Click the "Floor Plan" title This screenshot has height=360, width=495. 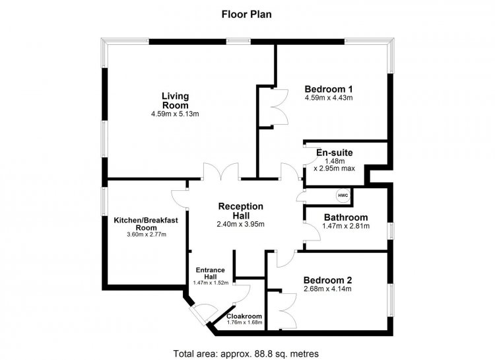point(247,15)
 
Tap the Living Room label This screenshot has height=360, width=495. point(175,100)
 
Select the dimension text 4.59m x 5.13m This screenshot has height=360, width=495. point(175,114)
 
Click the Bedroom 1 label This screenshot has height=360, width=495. point(329,89)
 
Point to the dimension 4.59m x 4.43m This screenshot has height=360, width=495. point(329,98)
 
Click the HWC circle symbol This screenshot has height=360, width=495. point(343,196)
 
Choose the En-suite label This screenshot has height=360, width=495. point(335,153)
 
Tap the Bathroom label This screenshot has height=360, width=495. point(346,217)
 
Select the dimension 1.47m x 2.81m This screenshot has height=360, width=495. point(346,226)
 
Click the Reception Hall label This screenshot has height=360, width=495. point(241,211)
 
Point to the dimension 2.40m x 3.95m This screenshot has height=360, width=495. point(240,225)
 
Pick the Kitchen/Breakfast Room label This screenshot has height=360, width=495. point(146,224)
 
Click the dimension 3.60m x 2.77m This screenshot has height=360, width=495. point(146,234)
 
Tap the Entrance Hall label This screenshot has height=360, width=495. point(211,273)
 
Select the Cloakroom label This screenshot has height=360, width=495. point(244,316)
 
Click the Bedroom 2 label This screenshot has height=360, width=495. point(327,280)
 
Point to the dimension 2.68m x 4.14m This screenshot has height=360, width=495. point(327,289)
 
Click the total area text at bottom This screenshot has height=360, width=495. point(246,353)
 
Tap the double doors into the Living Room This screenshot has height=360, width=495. point(221,171)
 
